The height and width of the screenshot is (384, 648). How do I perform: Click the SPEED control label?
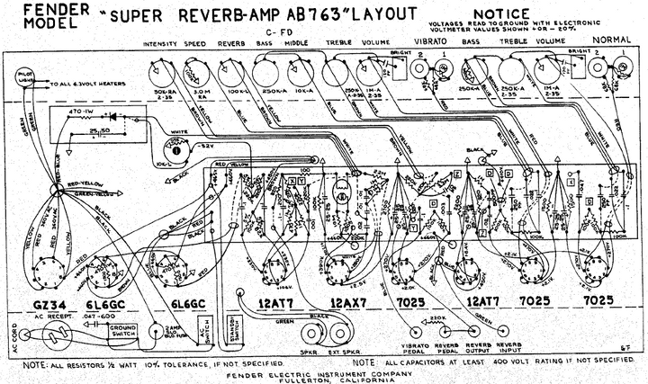195,42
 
